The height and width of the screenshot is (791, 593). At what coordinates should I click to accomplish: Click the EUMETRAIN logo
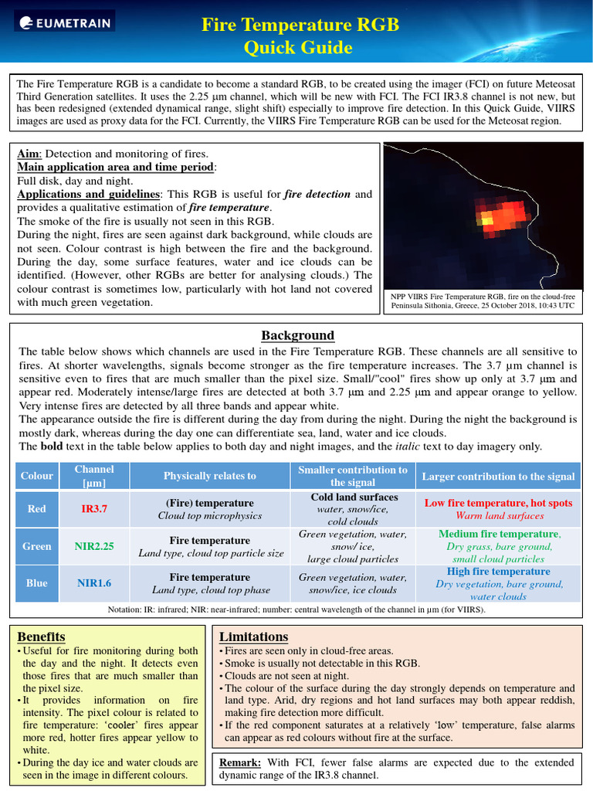pyautogui.click(x=64, y=24)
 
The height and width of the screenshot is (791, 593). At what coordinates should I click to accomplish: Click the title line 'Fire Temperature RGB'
pyautogui.click(x=300, y=25)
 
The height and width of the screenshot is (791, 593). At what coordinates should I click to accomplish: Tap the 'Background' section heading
pyautogui.click(x=297, y=335)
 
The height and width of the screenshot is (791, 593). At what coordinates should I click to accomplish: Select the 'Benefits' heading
pyautogui.click(x=41, y=637)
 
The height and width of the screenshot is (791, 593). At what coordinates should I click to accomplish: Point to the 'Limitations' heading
pyautogui.click(x=253, y=637)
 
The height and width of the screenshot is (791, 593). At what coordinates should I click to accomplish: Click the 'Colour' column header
pyautogui.click(x=36, y=476)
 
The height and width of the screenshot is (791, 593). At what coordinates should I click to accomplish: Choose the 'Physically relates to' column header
pyautogui.click(x=209, y=476)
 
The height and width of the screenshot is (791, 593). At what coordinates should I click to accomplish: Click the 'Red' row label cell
pyautogui.click(x=36, y=509)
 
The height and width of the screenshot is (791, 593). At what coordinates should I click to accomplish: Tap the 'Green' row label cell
pyautogui.click(x=36, y=546)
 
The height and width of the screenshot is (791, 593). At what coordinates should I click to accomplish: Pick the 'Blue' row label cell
pyautogui.click(x=36, y=583)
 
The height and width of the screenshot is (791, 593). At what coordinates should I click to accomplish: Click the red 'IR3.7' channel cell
pyautogui.click(x=94, y=509)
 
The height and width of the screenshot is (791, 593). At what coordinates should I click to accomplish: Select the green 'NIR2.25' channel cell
pyautogui.click(x=94, y=546)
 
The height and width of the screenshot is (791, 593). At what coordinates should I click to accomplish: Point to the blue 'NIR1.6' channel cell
pyautogui.click(x=94, y=583)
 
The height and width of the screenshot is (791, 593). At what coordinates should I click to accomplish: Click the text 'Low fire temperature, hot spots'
pyautogui.click(x=498, y=503)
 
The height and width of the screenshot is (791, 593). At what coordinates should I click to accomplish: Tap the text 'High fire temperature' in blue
pyautogui.click(x=498, y=572)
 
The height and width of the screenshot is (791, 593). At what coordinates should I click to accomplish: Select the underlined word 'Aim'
pyautogui.click(x=28, y=154)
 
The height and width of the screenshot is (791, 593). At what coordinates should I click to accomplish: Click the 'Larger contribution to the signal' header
pyautogui.click(x=498, y=476)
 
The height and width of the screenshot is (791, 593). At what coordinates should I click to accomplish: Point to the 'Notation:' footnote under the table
pyautogui.click(x=128, y=609)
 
